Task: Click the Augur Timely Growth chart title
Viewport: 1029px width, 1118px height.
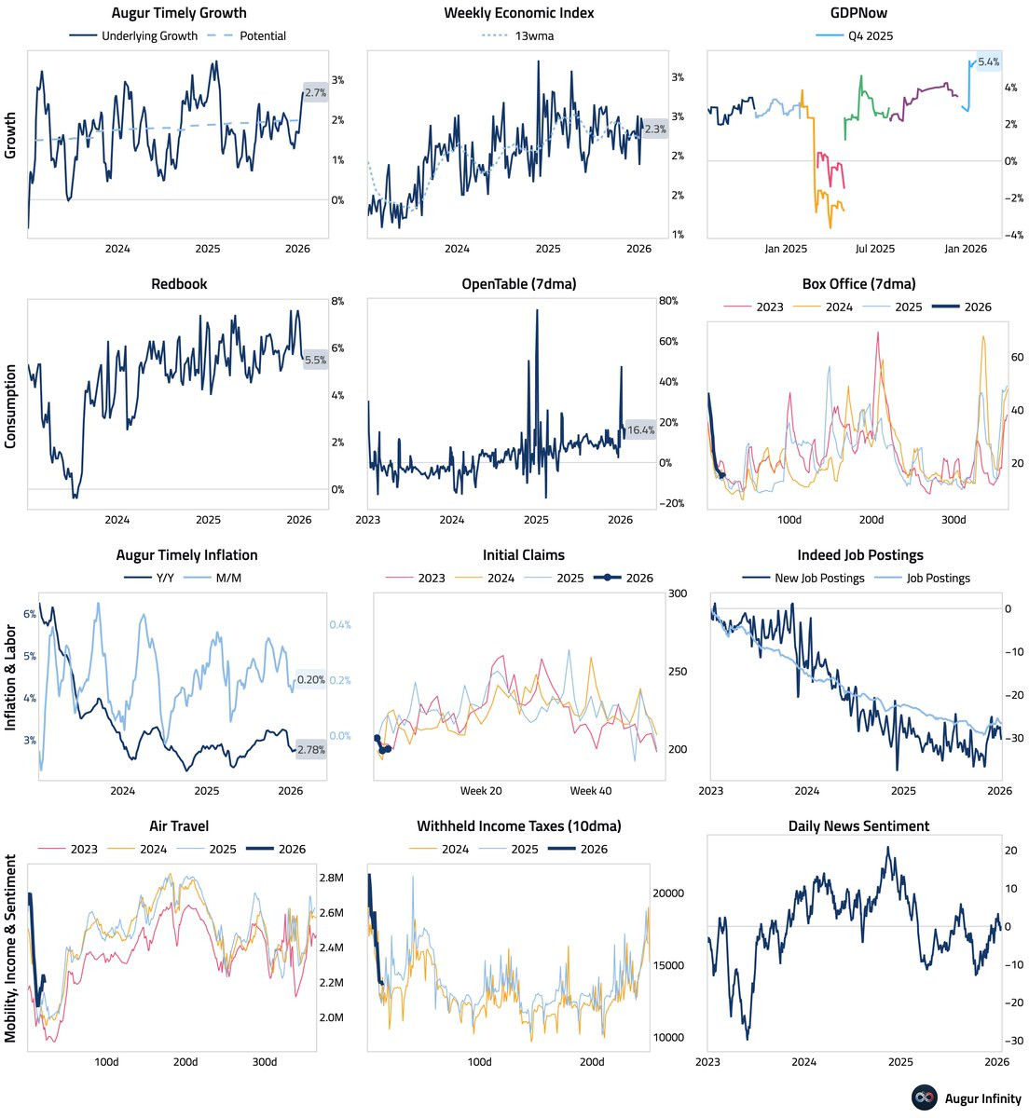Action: pyautogui.click(x=179, y=13)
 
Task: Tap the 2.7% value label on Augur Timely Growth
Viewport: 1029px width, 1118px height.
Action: pyautogui.click(x=315, y=93)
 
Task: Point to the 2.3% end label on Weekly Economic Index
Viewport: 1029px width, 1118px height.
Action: pyautogui.click(x=655, y=130)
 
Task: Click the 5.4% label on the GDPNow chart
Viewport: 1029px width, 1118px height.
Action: pyautogui.click(x=988, y=62)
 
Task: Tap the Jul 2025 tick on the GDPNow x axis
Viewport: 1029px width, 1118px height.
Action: pyautogui.click(x=875, y=249)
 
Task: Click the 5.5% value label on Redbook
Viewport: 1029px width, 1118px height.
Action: pyautogui.click(x=315, y=360)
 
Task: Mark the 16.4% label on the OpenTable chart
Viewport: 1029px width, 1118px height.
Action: pyautogui.click(x=640, y=430)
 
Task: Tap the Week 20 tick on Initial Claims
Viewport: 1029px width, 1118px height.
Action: pyautogui.click(x=481, y=791)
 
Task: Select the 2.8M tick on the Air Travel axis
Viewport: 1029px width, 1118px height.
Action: pyautogui.click(x=331, y=878)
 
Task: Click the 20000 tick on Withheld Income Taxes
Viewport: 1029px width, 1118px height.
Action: pyautogui.click(x=666, y=893)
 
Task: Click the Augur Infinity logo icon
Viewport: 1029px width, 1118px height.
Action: pyautogui.click(x=924, y=1098)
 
